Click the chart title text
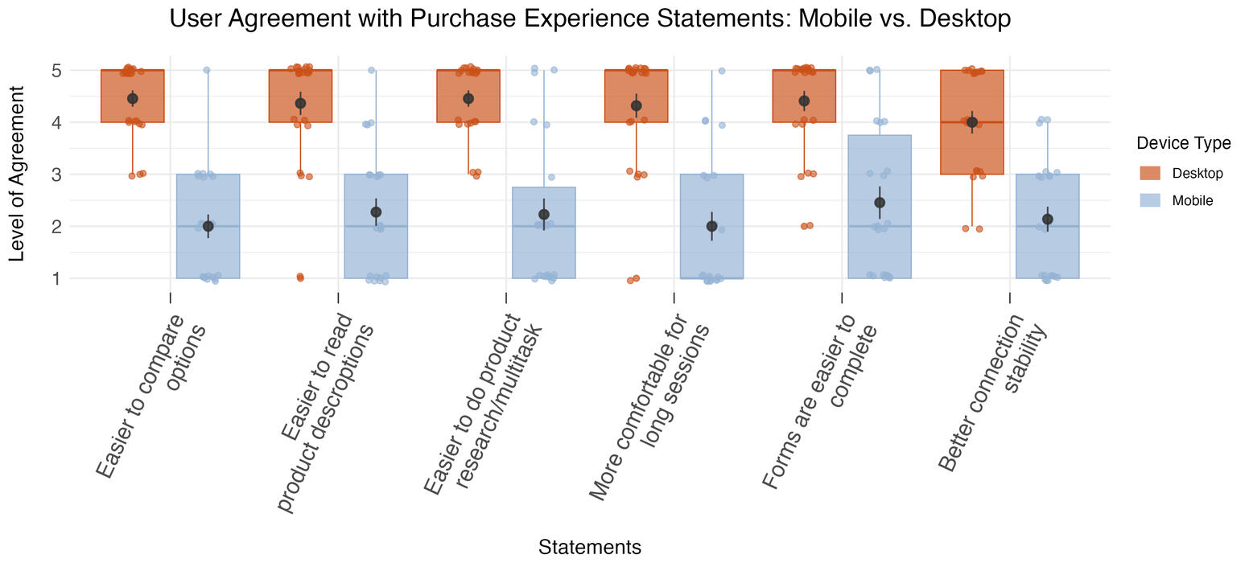click(x=590, y=18)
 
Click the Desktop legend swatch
click(x=1150, y=173)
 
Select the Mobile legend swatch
click(x=1150, y=200)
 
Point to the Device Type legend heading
click(x=1183, y=143)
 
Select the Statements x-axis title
click(x=590, y=548)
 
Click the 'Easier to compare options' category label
click(x=153, y=394)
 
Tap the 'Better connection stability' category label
click(x=994, y=390)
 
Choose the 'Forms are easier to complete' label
click(x=821, y=398)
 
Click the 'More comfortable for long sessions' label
click(x=652, y=406)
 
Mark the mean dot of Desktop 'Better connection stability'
click(x=971, y=122)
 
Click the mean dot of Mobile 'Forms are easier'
click(x=880, y=203)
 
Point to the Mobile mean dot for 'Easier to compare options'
click(x=208, y=226)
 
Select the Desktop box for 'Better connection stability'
click(x=971, y=149)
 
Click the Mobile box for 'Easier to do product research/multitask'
click(x=544, y=249)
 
